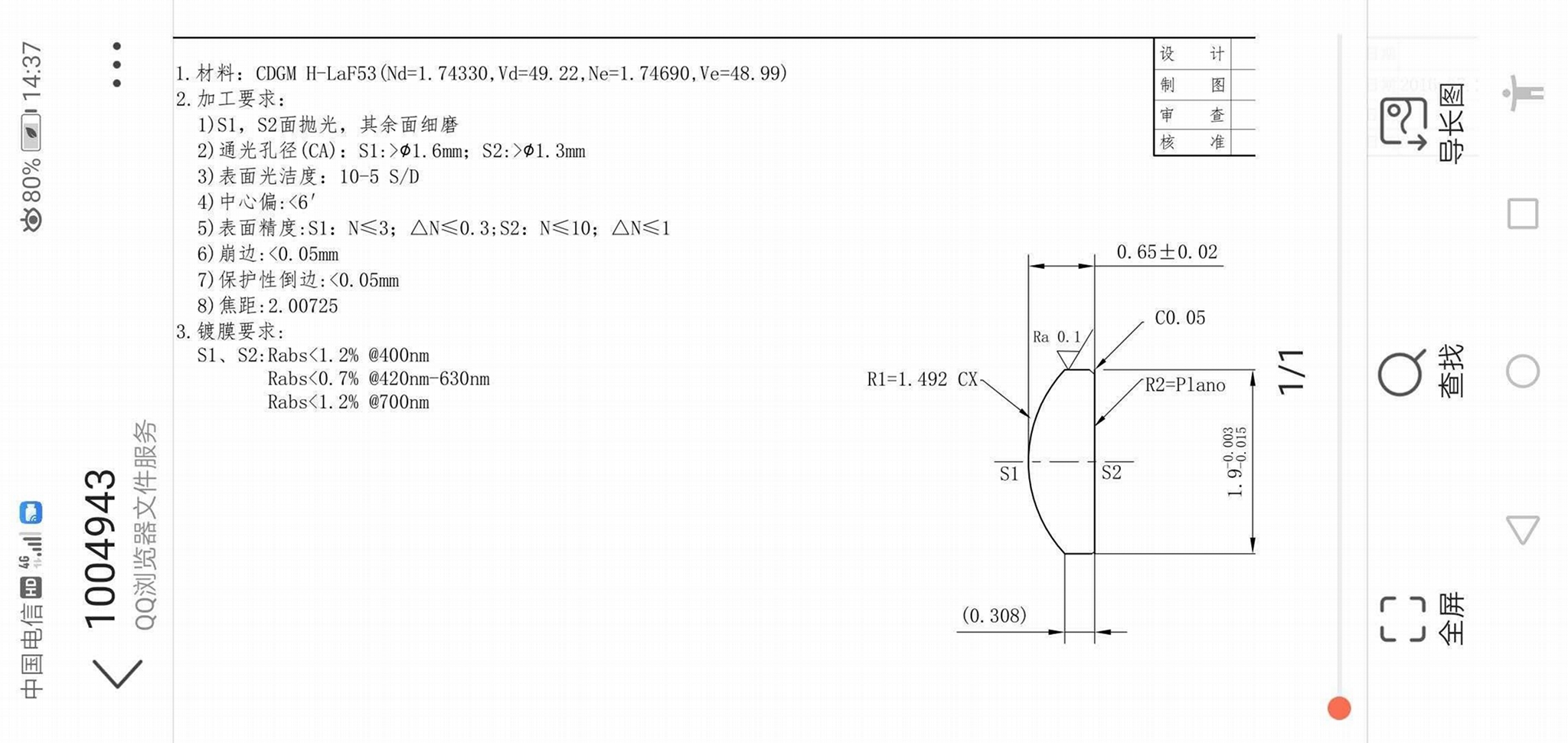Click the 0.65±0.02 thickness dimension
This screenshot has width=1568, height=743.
(1166, 252)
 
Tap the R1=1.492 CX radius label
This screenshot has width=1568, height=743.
(922, 379)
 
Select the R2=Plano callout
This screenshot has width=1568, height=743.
(1184, 385)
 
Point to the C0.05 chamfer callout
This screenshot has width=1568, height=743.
(1179, 318)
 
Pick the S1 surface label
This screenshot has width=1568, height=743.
(1009, 474)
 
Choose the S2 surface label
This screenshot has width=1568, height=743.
(1111, 473)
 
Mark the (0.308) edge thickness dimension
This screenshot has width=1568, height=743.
(994, 616)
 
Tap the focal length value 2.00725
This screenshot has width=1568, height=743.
(302, 306)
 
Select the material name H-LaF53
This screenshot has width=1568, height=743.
(341, 74)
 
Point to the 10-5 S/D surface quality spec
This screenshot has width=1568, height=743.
(379, 177)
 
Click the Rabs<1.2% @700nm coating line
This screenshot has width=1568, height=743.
(348, 403)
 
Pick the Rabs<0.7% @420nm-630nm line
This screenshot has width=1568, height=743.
(378, 379)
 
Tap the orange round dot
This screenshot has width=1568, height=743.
(1338, 709)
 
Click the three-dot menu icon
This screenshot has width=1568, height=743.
(116, 64)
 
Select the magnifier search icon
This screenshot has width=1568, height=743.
(1401, 373)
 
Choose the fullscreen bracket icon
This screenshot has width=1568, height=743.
(1403, 619)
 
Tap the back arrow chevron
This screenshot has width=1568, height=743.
(117, 673)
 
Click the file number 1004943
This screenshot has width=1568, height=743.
(100, 548)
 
